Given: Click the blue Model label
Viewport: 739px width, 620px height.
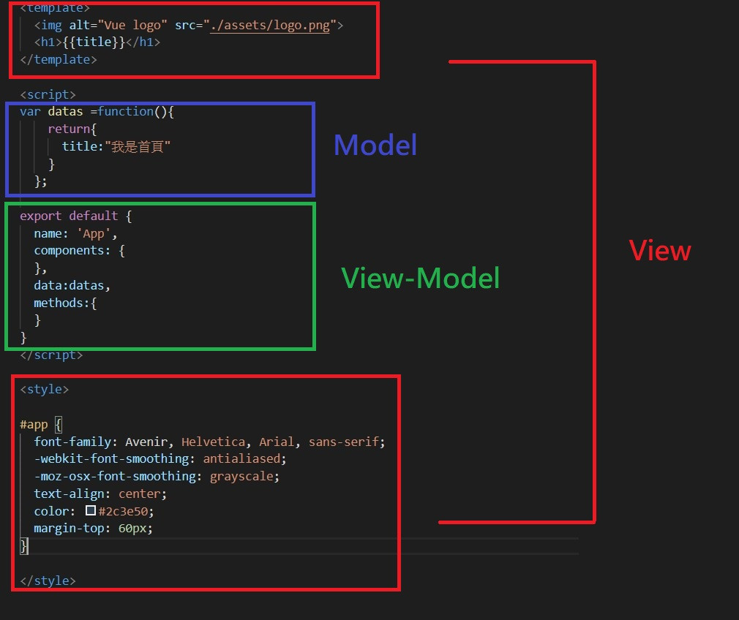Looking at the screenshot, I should point(375,145).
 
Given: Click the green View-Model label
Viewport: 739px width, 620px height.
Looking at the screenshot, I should point(421,278).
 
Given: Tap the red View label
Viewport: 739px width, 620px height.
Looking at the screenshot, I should point(660,251).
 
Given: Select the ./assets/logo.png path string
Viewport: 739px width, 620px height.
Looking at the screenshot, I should point(272,26).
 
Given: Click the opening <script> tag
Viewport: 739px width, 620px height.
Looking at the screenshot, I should point(48,94).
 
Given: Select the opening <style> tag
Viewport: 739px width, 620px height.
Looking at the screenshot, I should point(44,389).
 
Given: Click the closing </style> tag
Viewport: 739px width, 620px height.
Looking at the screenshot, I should point(48,581).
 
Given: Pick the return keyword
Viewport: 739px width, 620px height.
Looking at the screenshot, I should point(66,129).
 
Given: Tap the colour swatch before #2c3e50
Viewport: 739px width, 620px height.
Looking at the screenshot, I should point(91,511).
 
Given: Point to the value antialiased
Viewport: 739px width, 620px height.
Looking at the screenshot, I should point(241,458).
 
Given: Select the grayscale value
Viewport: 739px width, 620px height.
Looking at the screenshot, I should point(244,476).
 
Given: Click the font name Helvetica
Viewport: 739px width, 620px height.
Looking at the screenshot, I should point(215,442).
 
